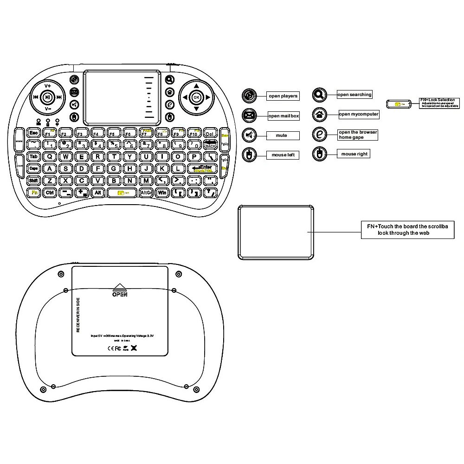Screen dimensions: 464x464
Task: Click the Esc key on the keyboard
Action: (x=33, y=133)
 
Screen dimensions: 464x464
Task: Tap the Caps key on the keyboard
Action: (x=33, y=168)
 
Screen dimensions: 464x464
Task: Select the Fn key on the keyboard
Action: (x=33, y=192)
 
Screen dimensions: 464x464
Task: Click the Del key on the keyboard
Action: (x=209, y=133)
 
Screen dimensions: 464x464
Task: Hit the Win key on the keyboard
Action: (x=162, y=192)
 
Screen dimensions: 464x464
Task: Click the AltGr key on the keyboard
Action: (x=146, y=192)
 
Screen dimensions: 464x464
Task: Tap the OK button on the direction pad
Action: (x=196, y=97)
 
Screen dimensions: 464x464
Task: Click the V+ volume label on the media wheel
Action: (x=48, y=86)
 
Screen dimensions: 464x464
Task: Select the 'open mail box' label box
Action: (x=284, y=116)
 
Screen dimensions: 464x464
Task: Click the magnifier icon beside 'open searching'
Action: (x=319, y=95)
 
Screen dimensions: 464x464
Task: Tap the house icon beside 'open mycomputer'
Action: (x=319, y=114)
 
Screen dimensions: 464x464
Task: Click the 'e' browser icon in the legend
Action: (x=319, y=134)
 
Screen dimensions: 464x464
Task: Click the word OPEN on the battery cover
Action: (x=119, y=294)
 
